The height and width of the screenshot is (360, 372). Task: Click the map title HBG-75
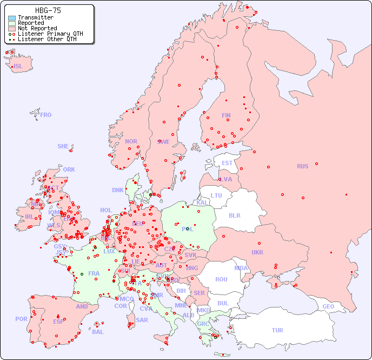click(x=48, y=10)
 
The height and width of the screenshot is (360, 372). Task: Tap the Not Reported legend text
click(x=37, y=29)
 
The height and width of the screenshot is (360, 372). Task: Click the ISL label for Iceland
click(x=18, y=67)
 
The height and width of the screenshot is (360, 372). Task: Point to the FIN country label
click(x=226, y=115)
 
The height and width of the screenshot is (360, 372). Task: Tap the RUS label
click(x=302, y=166)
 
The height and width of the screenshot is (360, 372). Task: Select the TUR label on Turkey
click(x=277, y=330)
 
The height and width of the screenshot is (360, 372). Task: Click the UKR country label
click(x=257, y=252)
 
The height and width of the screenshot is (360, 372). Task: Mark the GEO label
click(x=328, y=306)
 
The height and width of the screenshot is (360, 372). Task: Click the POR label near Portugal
click(x=21, y=319)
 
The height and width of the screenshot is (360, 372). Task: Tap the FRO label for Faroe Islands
click(x=46, y=115)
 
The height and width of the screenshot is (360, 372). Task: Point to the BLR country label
click(x=234, y=215)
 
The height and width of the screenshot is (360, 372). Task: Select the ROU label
click(x=221, y=279)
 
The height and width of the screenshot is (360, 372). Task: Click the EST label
click(x=227, y=163)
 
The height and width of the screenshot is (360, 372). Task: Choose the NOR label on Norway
click(x=131, y=141)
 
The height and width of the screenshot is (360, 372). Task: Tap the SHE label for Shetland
click(x=63, y=146)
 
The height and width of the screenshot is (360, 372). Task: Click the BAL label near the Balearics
click(x=97, y=332)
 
